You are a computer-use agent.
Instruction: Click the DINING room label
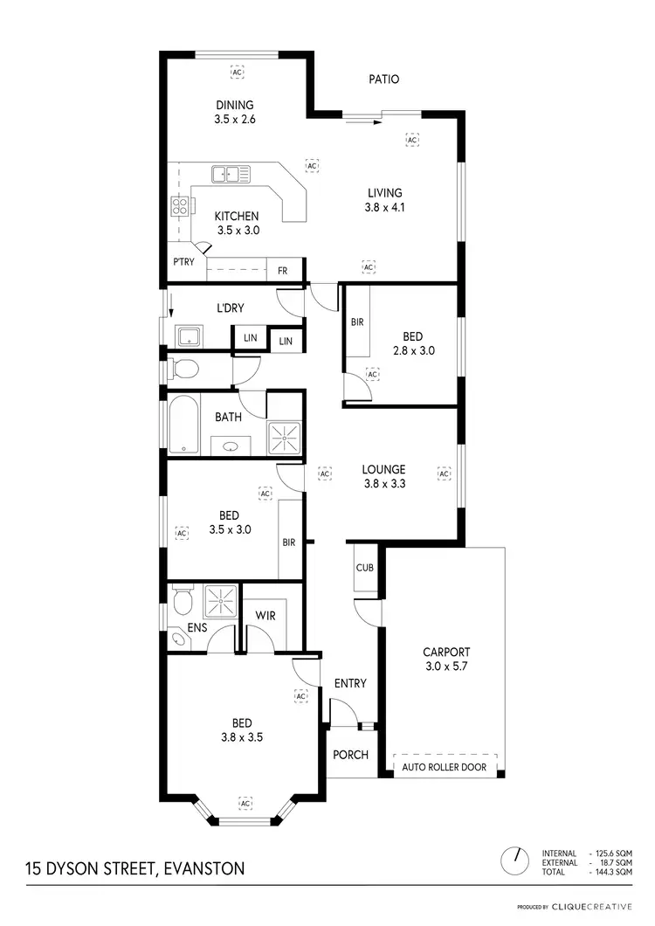tap(234, 106)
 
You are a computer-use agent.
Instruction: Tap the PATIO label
tap(383, 79)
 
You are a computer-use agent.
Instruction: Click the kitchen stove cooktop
tap(181, 207)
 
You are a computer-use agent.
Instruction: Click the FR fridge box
tap(283, 271)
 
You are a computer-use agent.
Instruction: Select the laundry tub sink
tap(188, 336)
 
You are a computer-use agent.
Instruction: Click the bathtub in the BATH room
tap(184, 425)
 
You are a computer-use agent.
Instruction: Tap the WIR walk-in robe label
tap(265, 616)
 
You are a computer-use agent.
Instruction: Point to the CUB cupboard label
tap(364, 568)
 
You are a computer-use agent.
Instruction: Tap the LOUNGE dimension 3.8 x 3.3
tap(384, 483)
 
